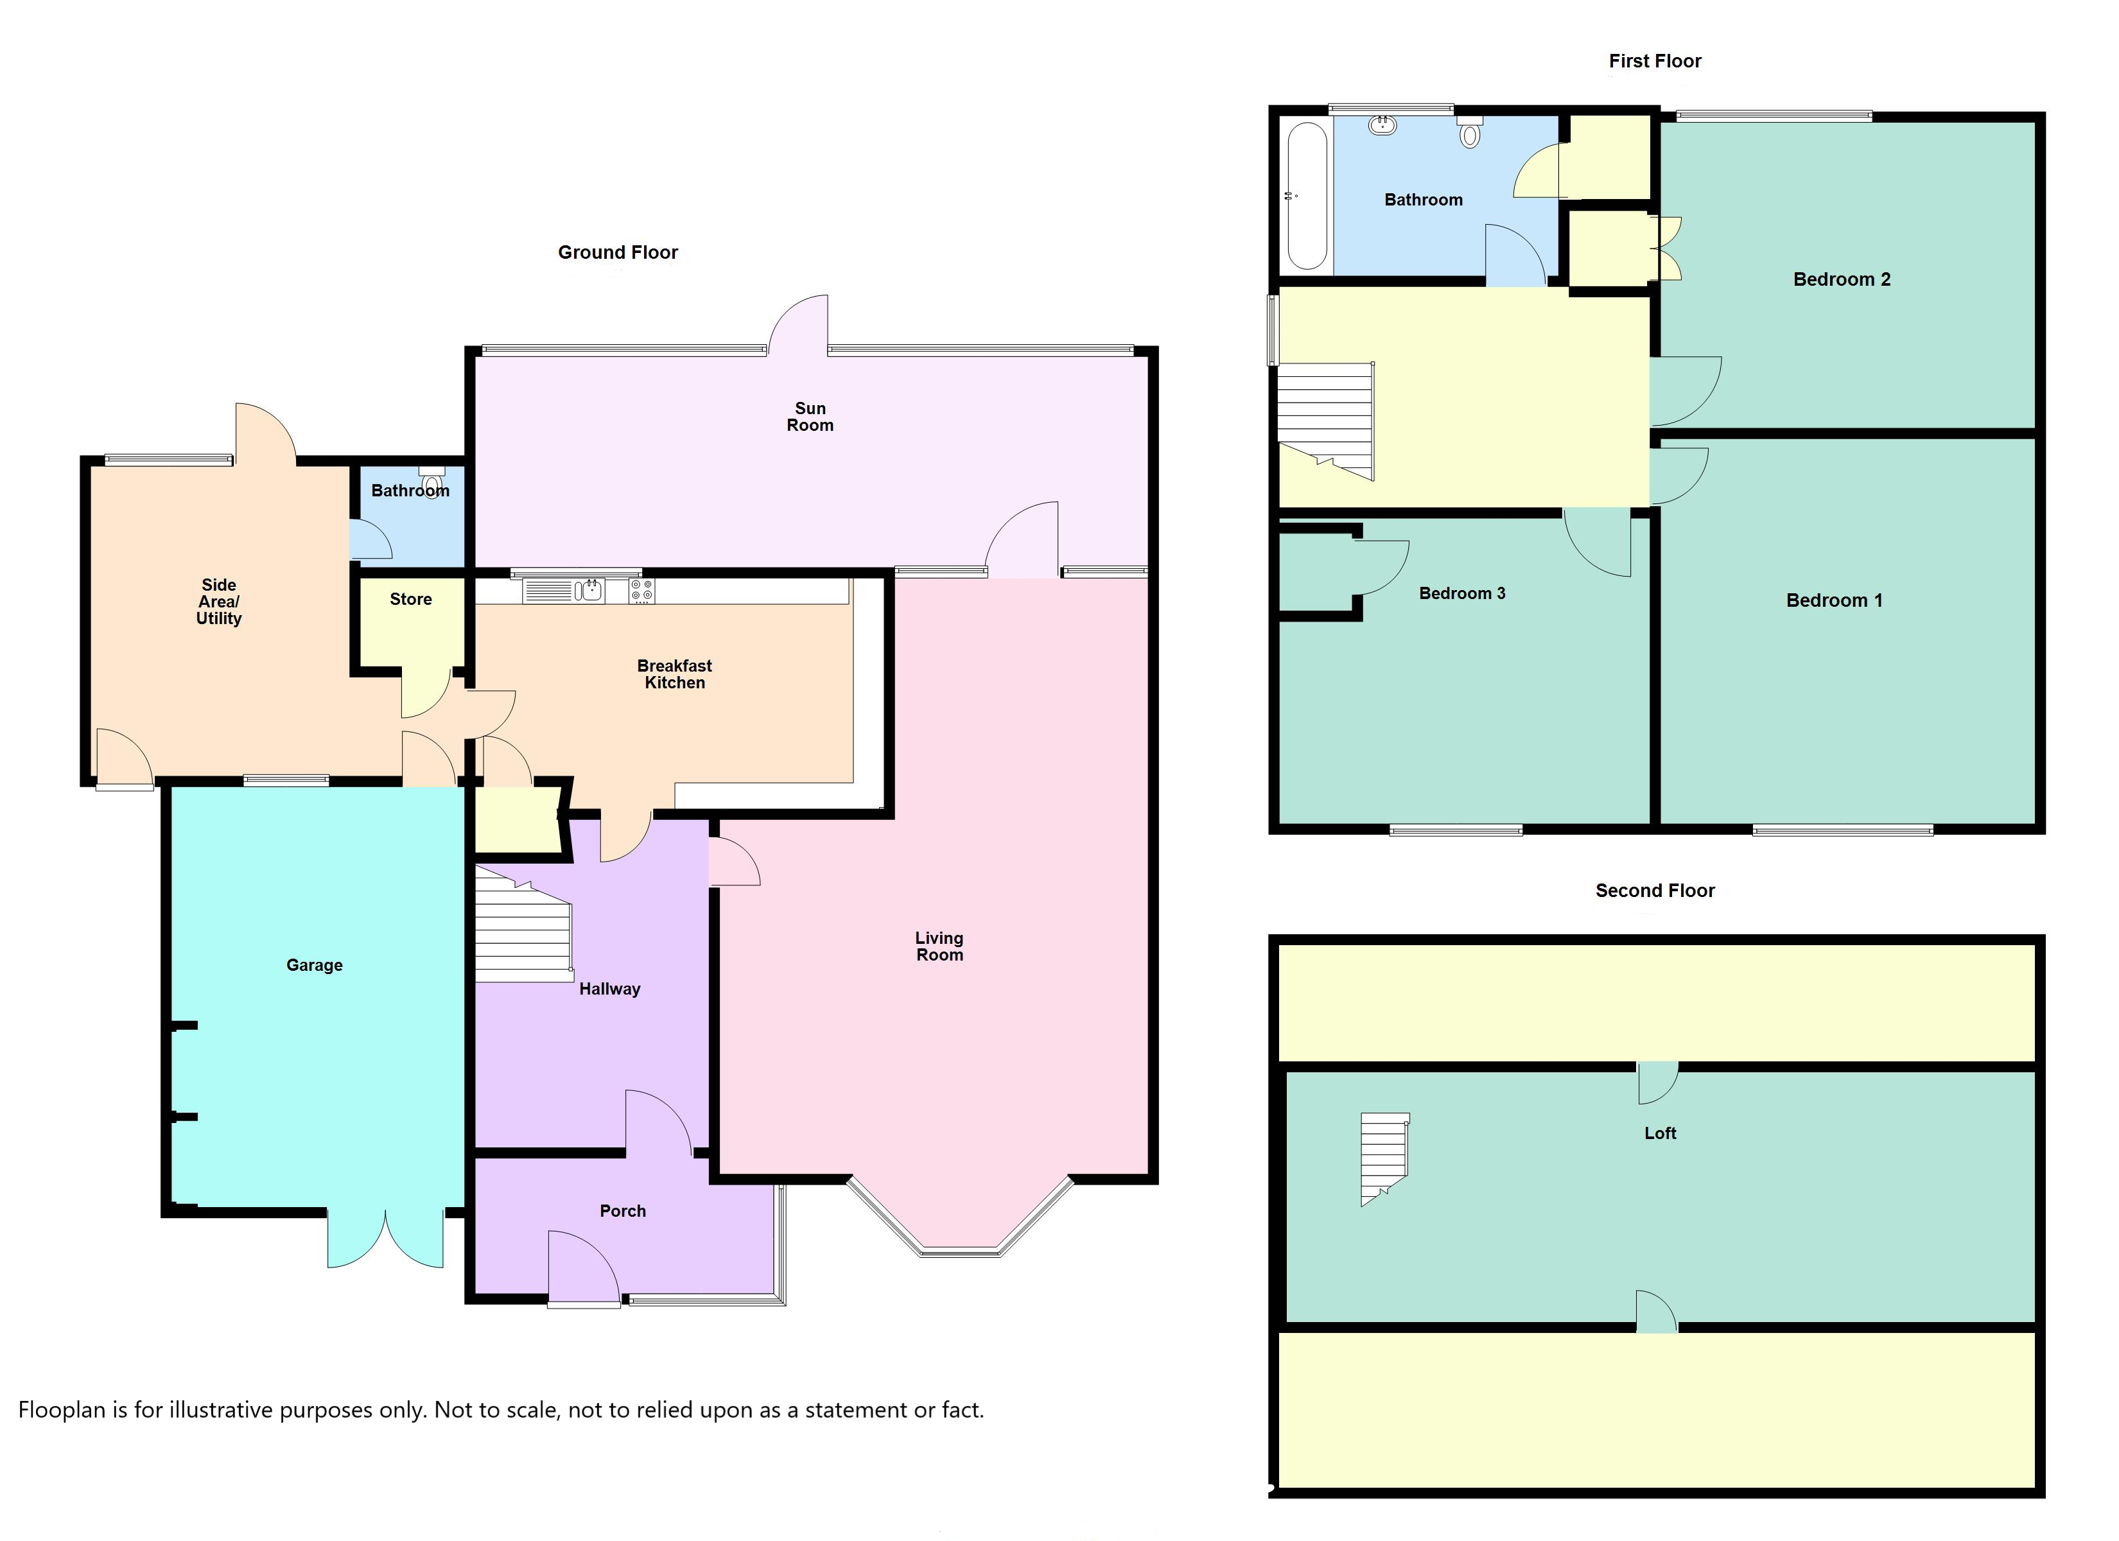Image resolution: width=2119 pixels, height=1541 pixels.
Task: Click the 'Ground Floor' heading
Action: point(618,252)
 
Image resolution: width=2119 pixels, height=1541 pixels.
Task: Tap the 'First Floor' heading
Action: point(1655,61)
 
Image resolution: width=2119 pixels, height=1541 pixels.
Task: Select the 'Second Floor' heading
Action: point(1655,891)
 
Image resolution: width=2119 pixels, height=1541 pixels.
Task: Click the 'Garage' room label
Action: point(314,965)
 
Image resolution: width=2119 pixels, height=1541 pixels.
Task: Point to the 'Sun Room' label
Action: point(810,417)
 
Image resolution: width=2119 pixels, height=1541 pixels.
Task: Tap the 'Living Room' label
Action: point(939,946)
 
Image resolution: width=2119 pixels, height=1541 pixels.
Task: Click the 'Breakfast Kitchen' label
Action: point(675,674)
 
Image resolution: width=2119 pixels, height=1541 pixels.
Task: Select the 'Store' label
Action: point(411,599)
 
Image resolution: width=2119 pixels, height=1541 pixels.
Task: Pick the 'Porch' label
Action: point(622,1211)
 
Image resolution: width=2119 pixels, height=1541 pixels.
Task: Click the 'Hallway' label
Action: point(609,989)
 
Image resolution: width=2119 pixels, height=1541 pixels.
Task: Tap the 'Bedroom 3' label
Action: point(1462,593)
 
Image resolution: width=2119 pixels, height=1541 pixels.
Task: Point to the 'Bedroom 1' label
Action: point(1834,601)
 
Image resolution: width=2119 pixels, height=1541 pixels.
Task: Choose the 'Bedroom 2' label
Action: point(1842,279)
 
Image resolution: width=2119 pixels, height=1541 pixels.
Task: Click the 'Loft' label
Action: point(1661,1133)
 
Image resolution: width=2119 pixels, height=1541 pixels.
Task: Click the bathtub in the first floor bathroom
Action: point(1307,196)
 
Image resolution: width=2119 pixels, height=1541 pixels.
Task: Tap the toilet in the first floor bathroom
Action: point(1470,133)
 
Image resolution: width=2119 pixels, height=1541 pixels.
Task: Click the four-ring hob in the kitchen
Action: point(642,591)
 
